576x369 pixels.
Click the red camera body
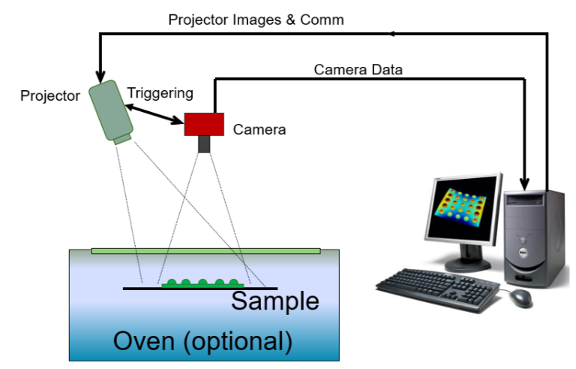click(x=204, y=123)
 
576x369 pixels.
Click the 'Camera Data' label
click(x=358, y=70)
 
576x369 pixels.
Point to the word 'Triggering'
click(x=160, y=93)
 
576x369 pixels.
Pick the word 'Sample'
click(x=274, y=301)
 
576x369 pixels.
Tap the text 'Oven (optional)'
click(x=202, y=341)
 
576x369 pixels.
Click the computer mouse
click(x=520, y=298)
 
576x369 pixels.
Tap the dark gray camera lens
click(x=204, y=144)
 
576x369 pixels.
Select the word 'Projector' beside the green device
click(x=50, y=95)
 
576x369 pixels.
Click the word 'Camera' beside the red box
click(x=259, y=129)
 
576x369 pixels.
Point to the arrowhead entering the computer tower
click(x=526, y=183)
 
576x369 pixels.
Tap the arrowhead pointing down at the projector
click(x=98, y=74)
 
